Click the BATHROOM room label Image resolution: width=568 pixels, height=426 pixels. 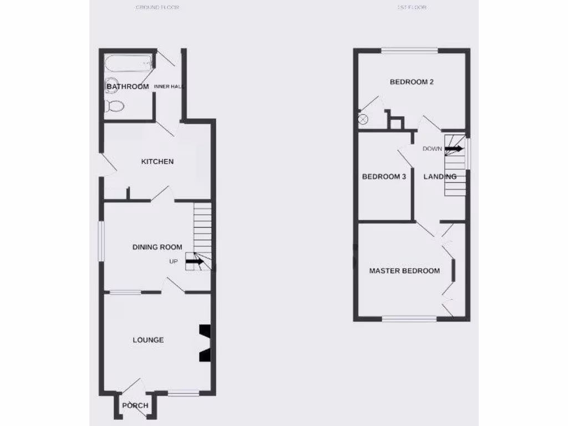coord(128,87)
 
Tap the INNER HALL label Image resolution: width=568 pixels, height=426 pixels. coord(169,87)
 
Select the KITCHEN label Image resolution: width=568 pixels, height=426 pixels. coord(157,162)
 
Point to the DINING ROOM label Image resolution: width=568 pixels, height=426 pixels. coord(157,247)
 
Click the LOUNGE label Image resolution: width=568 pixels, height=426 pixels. coord(148,340)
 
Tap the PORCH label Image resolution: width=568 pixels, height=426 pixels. coord(135,405)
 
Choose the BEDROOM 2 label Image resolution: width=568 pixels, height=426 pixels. coord(412,82)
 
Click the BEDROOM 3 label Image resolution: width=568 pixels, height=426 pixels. coord(384,177)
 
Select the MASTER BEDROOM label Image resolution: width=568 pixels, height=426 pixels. coord(405,271)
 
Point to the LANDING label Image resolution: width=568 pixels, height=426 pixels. coord(440,177)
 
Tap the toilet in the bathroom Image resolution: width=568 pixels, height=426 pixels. coord(114,106)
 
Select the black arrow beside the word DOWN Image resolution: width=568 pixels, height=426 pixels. coord(453,149)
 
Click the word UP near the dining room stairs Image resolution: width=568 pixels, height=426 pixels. coord(174,261)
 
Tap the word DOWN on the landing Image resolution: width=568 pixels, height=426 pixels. coord(432,149)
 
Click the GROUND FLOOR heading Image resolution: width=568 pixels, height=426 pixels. coord(157,8)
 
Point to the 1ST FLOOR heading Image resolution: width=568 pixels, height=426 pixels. coord(412,8)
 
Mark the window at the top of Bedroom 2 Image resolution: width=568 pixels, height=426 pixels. coord(409,51)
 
